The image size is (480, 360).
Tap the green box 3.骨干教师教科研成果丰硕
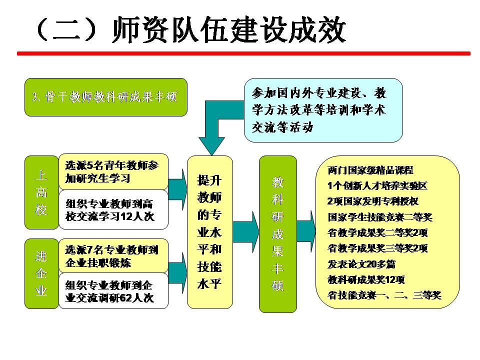click(105, 97)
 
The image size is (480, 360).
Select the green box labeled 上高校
click(41, 192)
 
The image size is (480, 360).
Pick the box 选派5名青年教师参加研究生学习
click(113, 171)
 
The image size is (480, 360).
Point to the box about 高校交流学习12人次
click(113, 210)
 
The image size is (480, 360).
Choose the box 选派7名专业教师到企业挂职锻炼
click(113, 256)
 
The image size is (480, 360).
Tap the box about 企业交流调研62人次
click(113, 291)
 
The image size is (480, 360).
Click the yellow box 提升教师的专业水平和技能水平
click(209, 232)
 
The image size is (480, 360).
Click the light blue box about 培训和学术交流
click(323, 110)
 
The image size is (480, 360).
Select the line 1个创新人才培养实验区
click(377, 186)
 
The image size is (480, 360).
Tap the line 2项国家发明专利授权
click(372, 201)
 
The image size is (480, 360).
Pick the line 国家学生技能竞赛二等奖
click(380, 217)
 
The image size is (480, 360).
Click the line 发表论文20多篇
click(361, 263)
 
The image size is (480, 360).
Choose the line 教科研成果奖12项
click(366, 279)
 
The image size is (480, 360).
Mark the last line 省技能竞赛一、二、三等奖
click(384, 294)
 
